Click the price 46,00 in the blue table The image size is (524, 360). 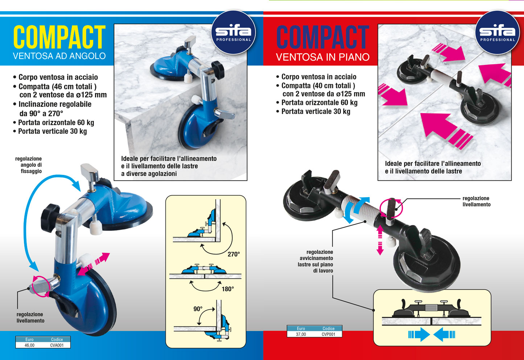[29, 345]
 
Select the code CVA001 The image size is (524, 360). [57, 345]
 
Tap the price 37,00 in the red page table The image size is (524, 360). [301, 334]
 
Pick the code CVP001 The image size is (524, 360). [329, 334]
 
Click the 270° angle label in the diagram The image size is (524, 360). [234, 254]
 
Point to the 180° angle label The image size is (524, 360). [228, 289]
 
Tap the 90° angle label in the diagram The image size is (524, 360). [198, 309]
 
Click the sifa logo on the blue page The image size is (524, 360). [233, 32]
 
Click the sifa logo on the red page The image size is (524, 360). [497, 32]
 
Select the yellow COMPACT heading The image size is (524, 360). [59, 37]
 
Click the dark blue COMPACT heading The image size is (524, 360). [323, 37]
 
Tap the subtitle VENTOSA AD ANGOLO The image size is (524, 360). [59, 56]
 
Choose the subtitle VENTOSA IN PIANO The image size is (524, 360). [323, 57]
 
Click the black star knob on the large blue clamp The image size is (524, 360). [50, 218]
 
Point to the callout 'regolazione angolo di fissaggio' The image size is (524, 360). [29, 165]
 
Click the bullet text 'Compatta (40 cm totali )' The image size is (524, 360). [318, 86]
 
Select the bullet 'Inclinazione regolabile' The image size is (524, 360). [55, 104]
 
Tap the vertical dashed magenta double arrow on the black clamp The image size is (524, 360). [380, 240]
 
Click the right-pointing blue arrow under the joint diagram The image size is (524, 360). [419, 334]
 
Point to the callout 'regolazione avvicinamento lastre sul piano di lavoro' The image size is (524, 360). [315, 261]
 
